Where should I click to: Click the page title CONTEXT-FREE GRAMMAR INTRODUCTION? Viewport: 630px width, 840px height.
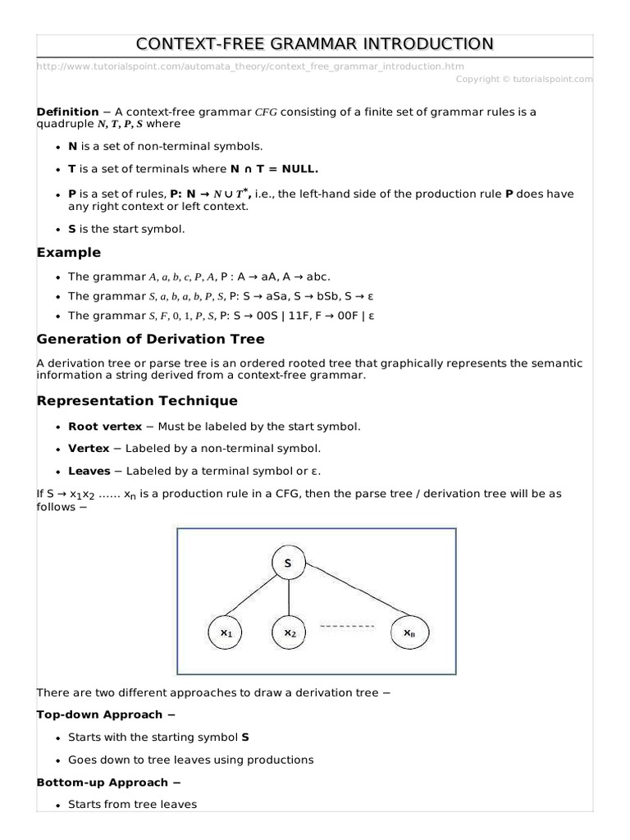[x=315, y=43]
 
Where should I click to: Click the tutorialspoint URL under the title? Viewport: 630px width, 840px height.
[x=250, y=66]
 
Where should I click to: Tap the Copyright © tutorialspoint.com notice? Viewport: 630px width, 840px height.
[x=523, y=79]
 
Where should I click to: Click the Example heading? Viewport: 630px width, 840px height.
[x=69, y=252]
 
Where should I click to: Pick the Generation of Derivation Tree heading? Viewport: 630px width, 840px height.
[x=150, y=339]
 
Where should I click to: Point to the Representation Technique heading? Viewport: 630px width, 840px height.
[x=137, y=400]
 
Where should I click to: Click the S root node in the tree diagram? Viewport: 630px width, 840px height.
[x=288, y=564]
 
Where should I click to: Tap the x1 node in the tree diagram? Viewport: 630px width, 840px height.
[x=226, y=632]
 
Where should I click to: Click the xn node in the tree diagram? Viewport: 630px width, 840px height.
[x=409, y=632]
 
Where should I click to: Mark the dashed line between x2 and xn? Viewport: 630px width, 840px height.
[x=347, y=627]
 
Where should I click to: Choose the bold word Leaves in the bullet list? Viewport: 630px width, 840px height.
[x=89, y=471]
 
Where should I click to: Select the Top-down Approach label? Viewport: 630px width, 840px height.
[x=103, y=714]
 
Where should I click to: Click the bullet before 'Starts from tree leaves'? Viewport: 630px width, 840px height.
[x=57, y=806]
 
